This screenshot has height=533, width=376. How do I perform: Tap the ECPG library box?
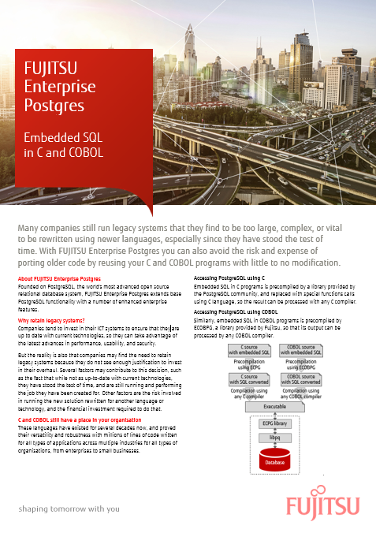click(275, 423)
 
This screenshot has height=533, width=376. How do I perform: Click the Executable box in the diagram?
click(274, 407)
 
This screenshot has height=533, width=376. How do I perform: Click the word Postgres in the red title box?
click(49, 104)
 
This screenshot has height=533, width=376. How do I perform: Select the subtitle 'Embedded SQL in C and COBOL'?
click(64, 144)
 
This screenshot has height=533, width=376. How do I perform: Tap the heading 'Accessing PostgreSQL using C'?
click(229, 278)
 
